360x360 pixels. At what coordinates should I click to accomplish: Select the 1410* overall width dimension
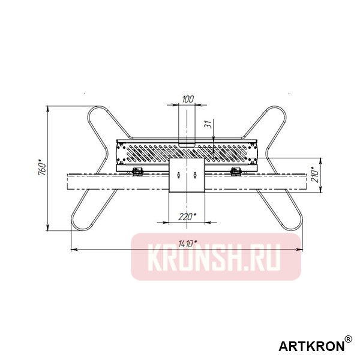click(188, 243)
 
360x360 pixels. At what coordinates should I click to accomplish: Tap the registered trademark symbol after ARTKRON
click(349, 340)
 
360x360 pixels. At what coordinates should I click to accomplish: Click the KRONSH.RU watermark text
click(215, 257)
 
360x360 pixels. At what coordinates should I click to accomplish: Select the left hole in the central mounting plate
click(179, 175)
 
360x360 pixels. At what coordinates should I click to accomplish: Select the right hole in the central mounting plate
click(196, 175)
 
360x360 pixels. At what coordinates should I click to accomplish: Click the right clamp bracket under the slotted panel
click(236, 172)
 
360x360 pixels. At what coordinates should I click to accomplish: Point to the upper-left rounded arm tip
click(96, 112)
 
